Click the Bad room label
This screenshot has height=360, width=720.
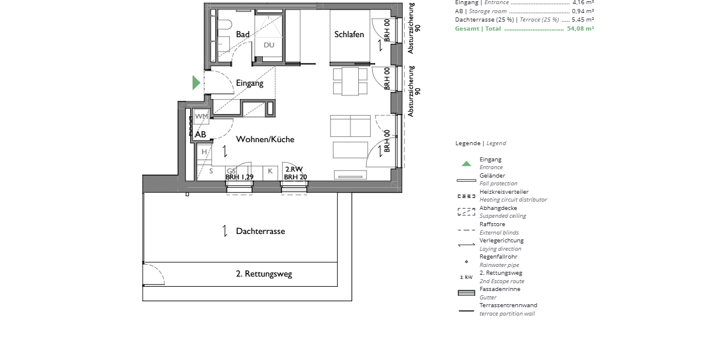click(242, 35)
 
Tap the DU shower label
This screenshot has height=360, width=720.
click(269, 45)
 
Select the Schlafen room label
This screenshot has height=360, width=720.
click(349, 35)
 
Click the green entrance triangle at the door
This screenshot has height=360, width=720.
click(196, 83)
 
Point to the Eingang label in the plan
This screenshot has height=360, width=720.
click(250, 83)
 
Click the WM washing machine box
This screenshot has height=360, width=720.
click(202, 116)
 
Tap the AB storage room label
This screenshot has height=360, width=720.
click(200, 134)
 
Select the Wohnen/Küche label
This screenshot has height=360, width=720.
click(265, 139)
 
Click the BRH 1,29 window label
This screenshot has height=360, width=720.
click(239, 177)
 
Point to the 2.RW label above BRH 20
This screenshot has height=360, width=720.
click(294, 170)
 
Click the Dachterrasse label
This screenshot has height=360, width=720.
click(260, 231)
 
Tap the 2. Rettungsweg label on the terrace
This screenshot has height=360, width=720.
click(264, 274)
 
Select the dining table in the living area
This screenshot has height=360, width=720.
click(350, 81)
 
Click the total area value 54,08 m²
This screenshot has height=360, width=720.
click(580, 28)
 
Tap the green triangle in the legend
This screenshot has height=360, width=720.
click(466, 163)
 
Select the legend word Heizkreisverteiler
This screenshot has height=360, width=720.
click(504, 192)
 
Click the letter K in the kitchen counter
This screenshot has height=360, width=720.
click(270, 171)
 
